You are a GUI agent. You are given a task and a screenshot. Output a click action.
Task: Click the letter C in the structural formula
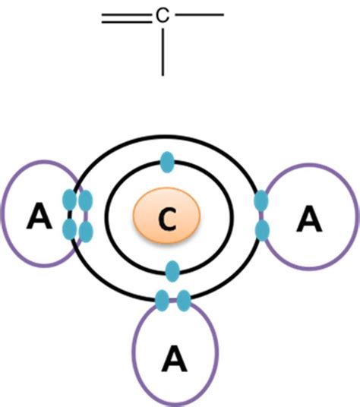coord(163,14)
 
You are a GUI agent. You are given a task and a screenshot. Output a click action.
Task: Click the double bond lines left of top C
coord(128,19)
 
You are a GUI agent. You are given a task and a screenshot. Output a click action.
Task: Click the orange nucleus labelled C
coord(166,219)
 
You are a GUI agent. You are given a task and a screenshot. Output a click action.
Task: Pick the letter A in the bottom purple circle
coord(175,355)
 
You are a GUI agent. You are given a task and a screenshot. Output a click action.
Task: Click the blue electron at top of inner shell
coord(166,162)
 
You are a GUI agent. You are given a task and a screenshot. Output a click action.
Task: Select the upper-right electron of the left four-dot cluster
coord(85,200)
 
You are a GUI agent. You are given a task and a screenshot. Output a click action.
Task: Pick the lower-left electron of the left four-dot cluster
coord(70,228)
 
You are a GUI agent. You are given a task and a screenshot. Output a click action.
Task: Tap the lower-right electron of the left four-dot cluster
coord(85,229)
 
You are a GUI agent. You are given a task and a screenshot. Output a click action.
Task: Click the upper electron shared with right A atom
coord(261,201)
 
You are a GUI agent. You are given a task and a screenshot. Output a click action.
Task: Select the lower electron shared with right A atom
coord(262,229)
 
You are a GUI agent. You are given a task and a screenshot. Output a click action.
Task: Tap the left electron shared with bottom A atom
coord(162,301)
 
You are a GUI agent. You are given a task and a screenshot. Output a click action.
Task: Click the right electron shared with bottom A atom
coord(183,301)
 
